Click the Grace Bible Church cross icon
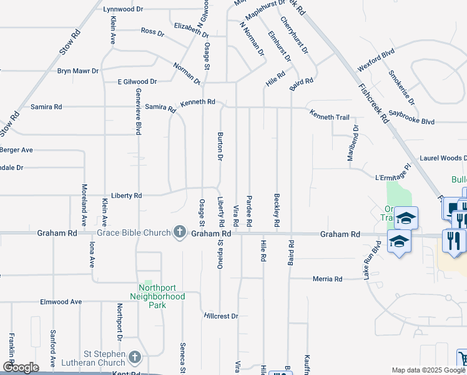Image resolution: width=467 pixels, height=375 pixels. (x=180, y=232)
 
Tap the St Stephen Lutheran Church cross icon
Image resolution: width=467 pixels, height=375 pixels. (x=134, y=358)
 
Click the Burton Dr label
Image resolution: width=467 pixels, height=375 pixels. (x=220, y=146)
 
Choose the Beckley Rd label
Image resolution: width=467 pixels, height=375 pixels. (x=277, y=210)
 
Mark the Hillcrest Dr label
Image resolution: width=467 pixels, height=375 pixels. (x=221, y=316)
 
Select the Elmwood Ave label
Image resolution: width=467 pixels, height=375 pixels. (x=61, y=302)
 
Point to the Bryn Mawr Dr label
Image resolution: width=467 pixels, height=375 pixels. (x=78, y=71)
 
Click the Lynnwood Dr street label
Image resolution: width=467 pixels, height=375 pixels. (x=124, y=9)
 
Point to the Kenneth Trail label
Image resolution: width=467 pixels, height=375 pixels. (x=330, y=117)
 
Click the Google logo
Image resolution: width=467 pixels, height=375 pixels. (x=21, y=367)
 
